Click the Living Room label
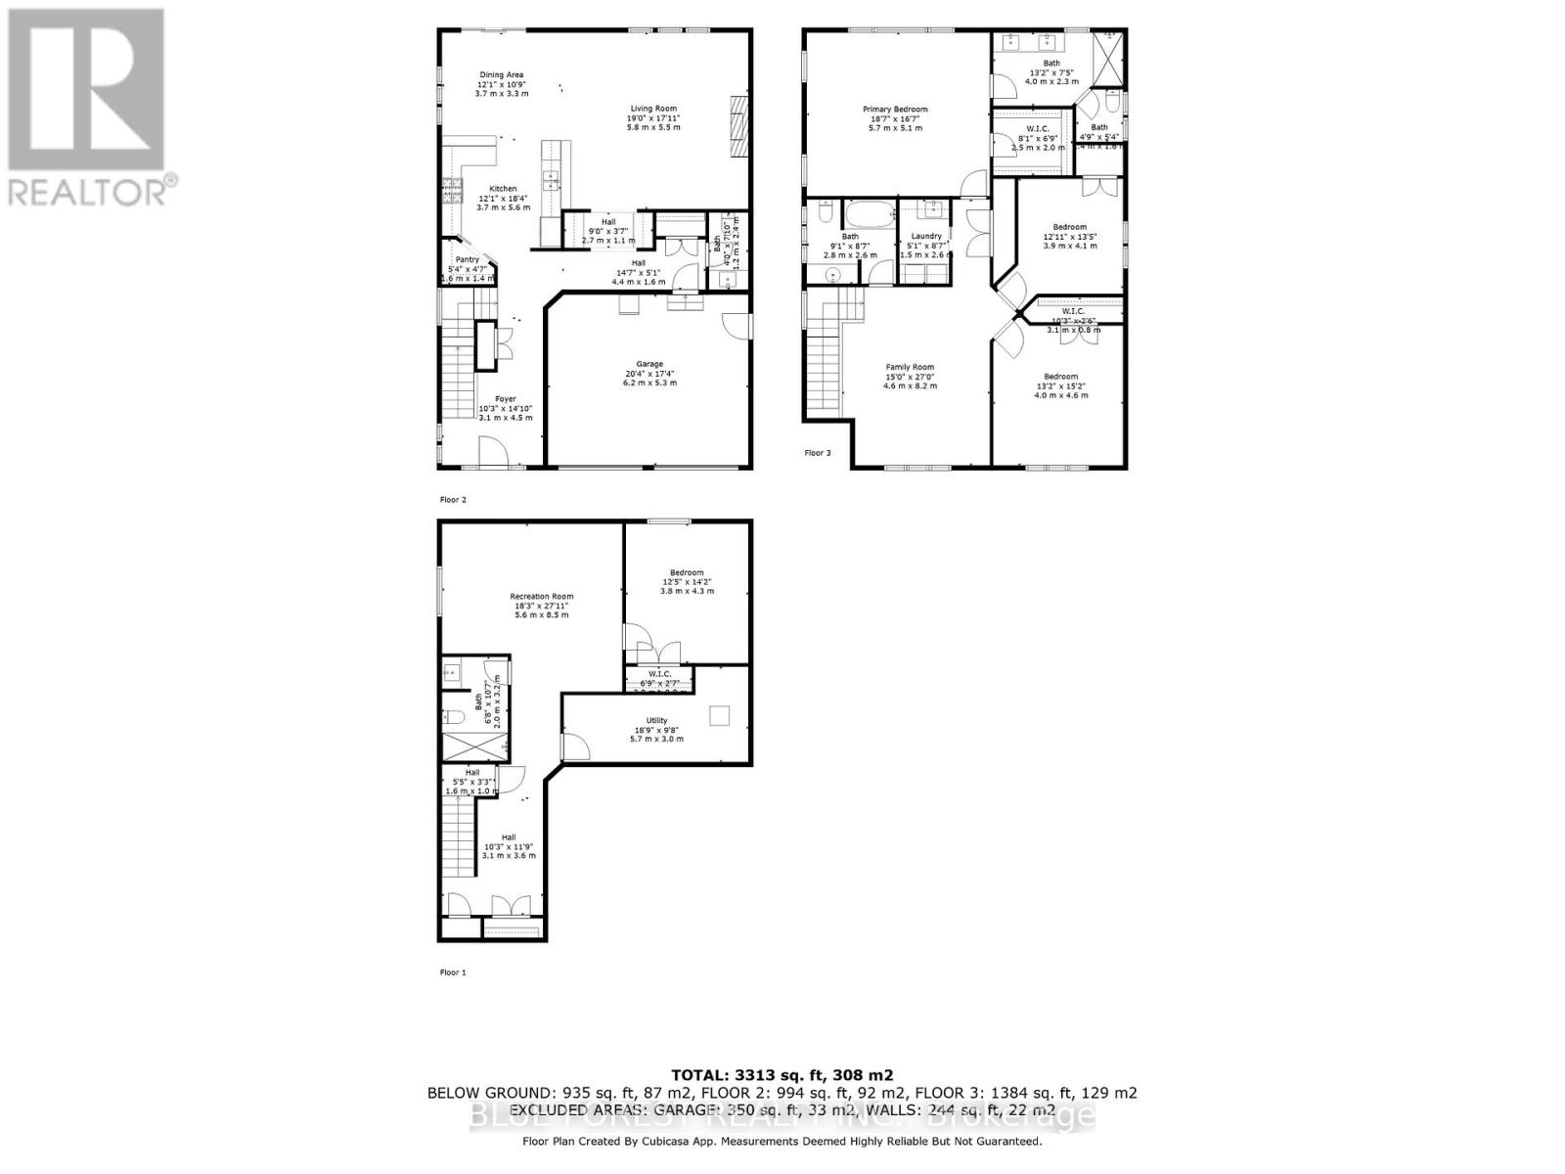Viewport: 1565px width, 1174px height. tap(652, 109)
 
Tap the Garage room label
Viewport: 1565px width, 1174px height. tap(649, 364)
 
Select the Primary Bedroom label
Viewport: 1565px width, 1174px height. tap(894, 110)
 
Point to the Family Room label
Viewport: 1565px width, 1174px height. tap(910, 367)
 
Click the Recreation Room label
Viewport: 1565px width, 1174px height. tap(541, 596)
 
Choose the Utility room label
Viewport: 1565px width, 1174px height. tap(656, 720)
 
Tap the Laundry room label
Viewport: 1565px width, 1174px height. tap(925, 236)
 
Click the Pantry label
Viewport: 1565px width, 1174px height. tap(467, 259)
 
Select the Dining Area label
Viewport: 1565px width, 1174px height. tap(501, 75)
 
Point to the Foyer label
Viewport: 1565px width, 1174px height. tap(505, 399)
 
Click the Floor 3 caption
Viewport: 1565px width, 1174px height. tap(818, 453)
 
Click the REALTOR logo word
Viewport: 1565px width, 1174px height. tap(93, 191)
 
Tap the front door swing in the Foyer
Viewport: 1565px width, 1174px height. tap(494, 452)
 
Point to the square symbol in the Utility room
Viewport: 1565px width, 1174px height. tap(720, 716)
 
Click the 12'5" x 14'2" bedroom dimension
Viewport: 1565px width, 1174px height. tap(687, 582)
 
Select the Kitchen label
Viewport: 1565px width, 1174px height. tap(503, 189)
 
